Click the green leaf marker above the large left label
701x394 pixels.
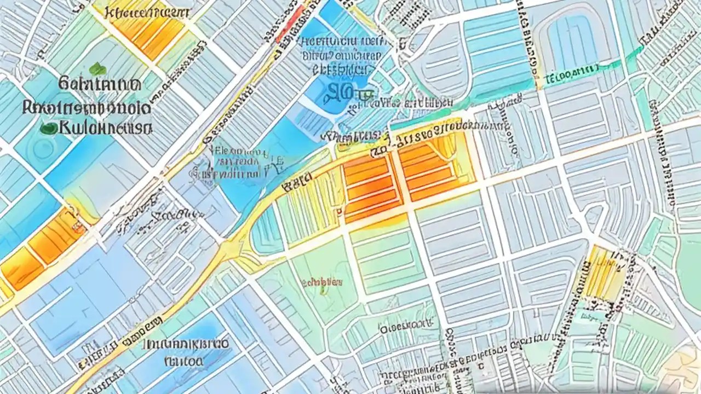pyautogui.click(x=97, y=69)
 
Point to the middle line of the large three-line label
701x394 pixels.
pyautogui.click(x=86, y=107)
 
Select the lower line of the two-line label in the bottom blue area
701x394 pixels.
pyautogui.click(x=183, y=361)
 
